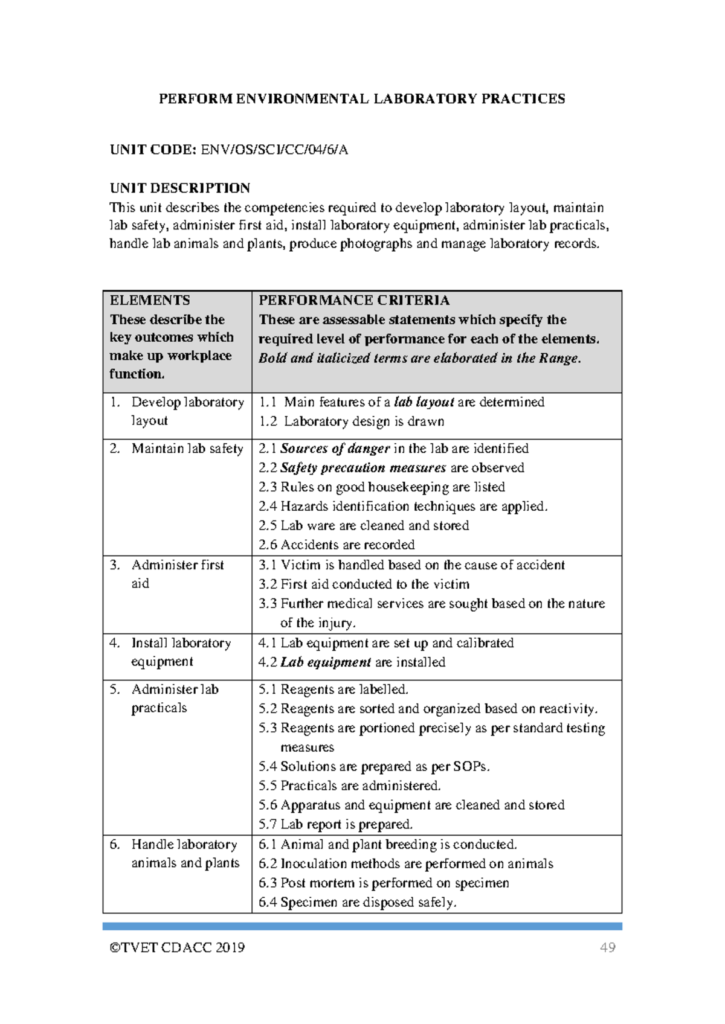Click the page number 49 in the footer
click(x=607, y=947)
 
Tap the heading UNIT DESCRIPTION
click(x=179, y=188)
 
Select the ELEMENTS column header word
click(x=149, y=300)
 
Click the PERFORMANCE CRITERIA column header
click(x=353, y=300)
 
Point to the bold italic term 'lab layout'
click(x=424, y=402)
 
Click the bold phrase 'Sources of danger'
click(x=335, y=449)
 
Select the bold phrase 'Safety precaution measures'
click(x=362, y=468)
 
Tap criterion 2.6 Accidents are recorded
click(x=337, y=545)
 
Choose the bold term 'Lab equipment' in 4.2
click(x=325, y=662)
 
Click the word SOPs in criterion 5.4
click(x=470, y=767)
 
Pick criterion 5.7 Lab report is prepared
click(x=335, y=825)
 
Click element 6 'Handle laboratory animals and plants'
click(x=184, y=854)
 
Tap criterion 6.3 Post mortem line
click(x=384, y=883)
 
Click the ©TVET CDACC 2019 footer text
click(x=177, y=947)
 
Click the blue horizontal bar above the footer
click(x=362, y=926)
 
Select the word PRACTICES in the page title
click(x=523, y=99)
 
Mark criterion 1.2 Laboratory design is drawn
click(x=352, y=421)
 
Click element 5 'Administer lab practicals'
click(x=174, y=698)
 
